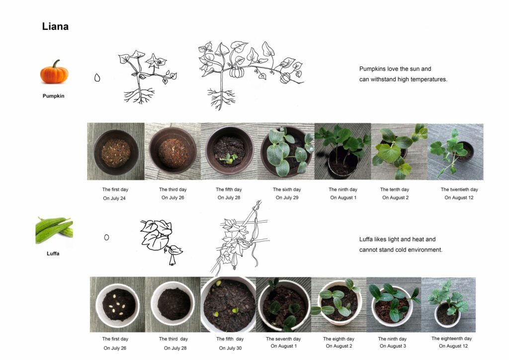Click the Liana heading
pyautogui.click(x=55, y=26)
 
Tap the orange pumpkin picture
pyautogui.click(x=54, y=72)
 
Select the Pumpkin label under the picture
pyautogui.click(x=54, y=96)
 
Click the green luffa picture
pyautogui.click(x=54, y=230)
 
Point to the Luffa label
pyautogui.click(x=53, y=254)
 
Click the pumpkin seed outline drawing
pyautogui.click(x=97, y=78)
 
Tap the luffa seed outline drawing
pyautogui.click(x=106, y=237)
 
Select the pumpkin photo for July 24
pyautogui.click(x=116, y=151)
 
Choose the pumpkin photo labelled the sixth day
pyautogui.click(x=286, y=151)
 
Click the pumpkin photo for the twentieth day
pyautogui.click(x=455, y=152)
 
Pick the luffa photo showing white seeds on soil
pyautogui.click(x=117, y=304)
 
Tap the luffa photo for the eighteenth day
pyautogui.click(x=449, y=305)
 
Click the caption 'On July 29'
pyautogui.click(x=287, y=197)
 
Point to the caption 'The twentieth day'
pyautogui.click(x=459, y=189)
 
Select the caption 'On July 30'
pyautogui.click(x=230, y=348)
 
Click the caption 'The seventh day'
pyautogui.click(x=283, y=339)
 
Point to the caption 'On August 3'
pyautogui.click(x=393, y=346)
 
